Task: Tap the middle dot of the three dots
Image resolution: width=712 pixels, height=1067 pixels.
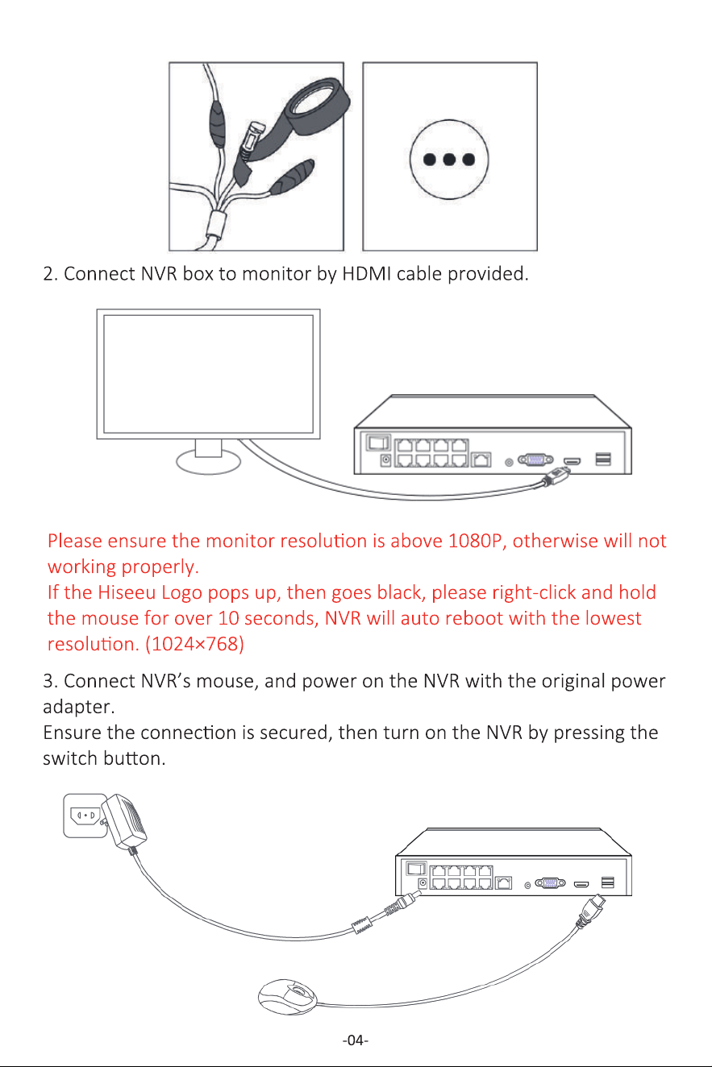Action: coord(449,159)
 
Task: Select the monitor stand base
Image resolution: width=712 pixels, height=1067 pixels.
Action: coord(208,462)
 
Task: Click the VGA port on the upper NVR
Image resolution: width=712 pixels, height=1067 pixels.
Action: coord(535,459)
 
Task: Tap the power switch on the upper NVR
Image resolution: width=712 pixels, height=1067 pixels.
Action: coord(378,442)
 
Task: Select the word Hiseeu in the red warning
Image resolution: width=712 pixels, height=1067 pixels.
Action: coord(127,592)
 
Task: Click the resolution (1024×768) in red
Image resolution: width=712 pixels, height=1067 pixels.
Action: coord(194,644)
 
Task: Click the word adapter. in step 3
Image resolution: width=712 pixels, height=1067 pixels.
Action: coord(79,708)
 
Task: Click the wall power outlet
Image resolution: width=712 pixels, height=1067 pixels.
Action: coord(85,816)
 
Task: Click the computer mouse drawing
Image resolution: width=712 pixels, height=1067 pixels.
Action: coord(287,997)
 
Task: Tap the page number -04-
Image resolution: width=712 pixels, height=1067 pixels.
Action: coord(356,1040)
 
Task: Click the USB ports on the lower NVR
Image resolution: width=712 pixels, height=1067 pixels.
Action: coord(607,882)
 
